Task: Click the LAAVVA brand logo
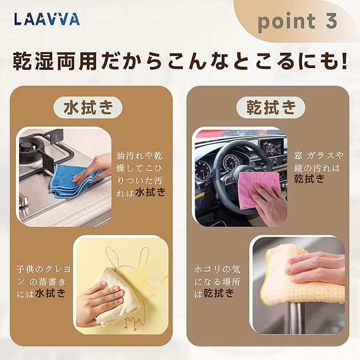click(x=47, y=19)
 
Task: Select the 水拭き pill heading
click(x=88, y=107)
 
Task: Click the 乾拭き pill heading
click(x=271, y=107)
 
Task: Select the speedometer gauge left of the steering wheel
click(x=202, y=171)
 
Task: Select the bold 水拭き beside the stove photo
click(x=150, y=192)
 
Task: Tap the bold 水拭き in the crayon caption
click(x=50, y=293)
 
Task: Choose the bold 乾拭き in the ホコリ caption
click(x=218, y=293)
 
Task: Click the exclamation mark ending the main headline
click(x=344, y=61)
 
